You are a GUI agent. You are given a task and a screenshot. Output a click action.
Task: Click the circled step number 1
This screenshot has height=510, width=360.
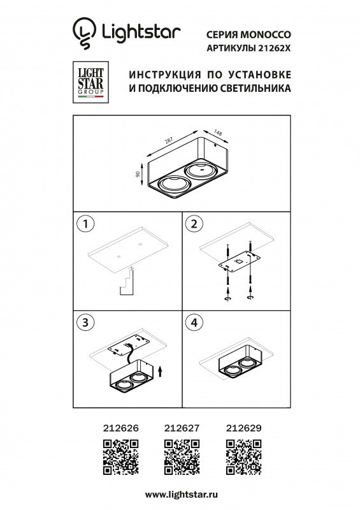[84, 224]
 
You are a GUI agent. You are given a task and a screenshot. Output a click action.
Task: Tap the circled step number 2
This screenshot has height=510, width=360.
[192, 224]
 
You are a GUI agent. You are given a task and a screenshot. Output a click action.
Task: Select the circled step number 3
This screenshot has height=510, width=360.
[84, 323]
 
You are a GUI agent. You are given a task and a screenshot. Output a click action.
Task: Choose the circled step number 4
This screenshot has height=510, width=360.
[192, 323]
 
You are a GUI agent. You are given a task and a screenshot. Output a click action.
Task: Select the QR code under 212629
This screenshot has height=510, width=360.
[243, 458]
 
